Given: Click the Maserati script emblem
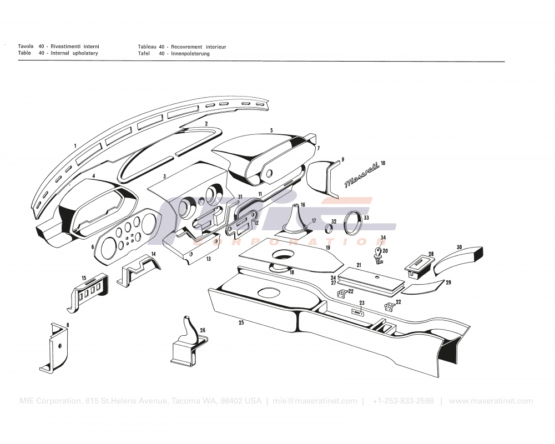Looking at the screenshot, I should point(361,175).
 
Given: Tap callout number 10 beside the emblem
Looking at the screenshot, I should point(383,164).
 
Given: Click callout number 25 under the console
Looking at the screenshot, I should point(241,322).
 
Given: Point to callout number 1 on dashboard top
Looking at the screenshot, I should point(74,145).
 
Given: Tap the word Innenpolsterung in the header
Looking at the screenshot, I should point(190,54).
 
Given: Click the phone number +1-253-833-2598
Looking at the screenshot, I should point(403,401).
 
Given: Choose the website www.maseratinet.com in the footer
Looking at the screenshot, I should point(491,401).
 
